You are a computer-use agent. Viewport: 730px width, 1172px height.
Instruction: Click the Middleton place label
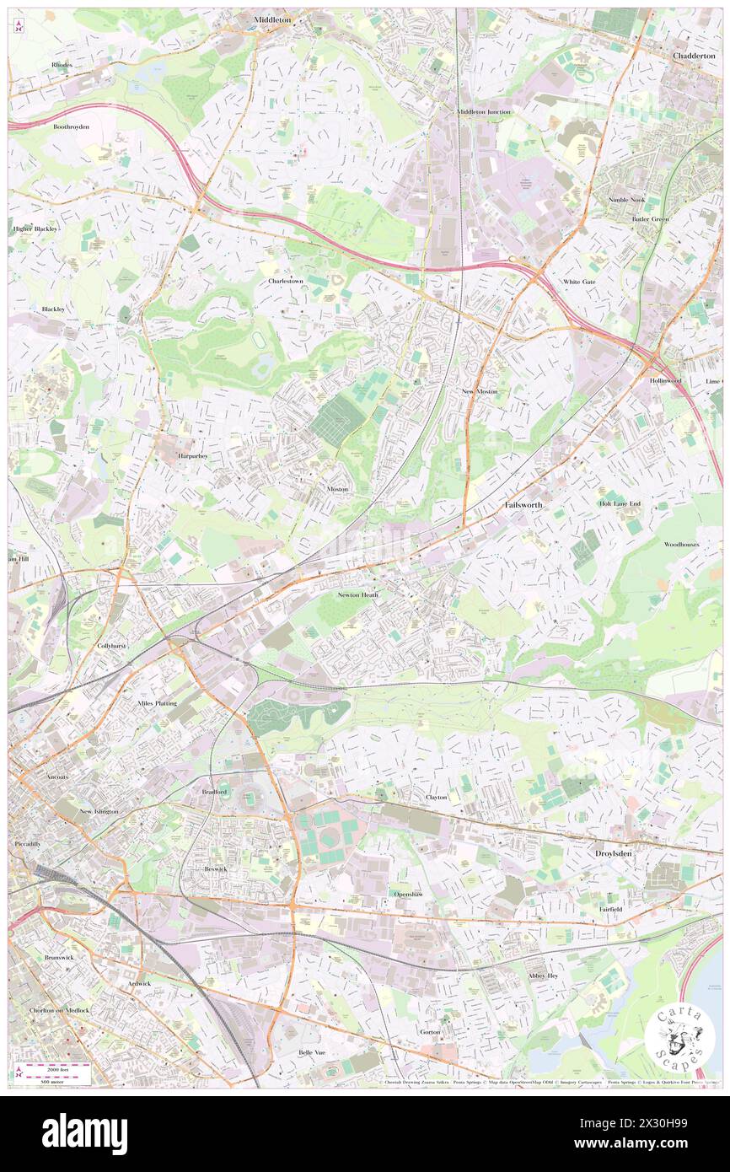[271, 18]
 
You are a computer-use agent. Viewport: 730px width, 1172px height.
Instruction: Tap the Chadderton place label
[694, 55]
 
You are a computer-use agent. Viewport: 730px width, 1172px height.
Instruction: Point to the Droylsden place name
[608, 853]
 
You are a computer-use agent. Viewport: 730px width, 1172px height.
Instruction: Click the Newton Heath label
[358, 594]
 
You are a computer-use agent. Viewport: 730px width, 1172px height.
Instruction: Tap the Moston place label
[337, 489]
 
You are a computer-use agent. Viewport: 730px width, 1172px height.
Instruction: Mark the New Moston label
[480, 392]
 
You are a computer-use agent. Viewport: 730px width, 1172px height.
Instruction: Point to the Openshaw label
[408, 894]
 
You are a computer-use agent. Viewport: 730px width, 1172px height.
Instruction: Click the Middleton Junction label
[484, 111]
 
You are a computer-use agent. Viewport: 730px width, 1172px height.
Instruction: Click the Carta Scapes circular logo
[680, 1036]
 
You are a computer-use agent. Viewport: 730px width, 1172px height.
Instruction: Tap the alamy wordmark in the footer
[84, 1134]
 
